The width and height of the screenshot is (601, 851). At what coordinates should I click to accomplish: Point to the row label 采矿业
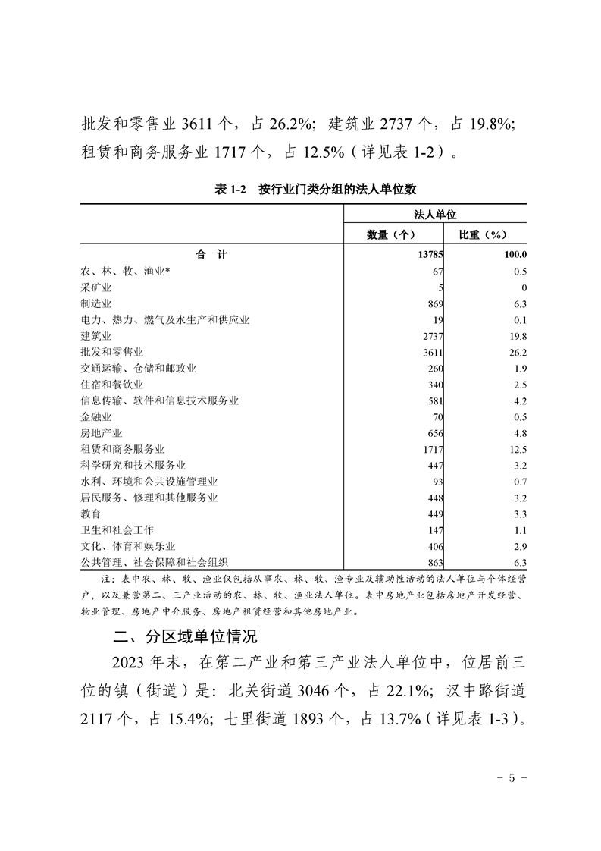96,287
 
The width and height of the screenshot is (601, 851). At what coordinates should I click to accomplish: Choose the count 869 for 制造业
434,304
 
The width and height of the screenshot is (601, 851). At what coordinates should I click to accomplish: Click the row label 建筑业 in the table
96,336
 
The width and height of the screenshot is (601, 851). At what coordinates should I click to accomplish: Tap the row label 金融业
96,417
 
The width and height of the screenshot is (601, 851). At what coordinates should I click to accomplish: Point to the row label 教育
91,514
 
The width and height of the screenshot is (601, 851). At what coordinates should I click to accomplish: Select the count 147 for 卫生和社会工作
434,530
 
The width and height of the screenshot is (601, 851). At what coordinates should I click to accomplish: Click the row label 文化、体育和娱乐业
128,546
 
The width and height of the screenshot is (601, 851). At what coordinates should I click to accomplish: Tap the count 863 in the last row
434,563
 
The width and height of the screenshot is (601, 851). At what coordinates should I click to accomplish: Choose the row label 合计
211,255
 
